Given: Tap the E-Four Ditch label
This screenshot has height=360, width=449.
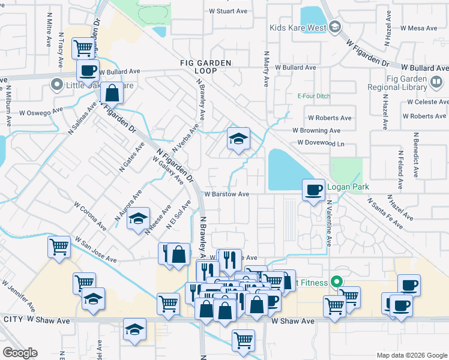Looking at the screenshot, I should [x=314, y=96].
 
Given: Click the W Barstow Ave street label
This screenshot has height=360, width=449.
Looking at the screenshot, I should [x=226, y=194].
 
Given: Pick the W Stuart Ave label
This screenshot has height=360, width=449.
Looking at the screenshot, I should [x=228, y=11].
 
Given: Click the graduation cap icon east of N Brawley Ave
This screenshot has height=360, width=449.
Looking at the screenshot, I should [x=238, y=139].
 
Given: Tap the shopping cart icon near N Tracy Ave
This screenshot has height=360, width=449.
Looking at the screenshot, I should [x=83, y=47].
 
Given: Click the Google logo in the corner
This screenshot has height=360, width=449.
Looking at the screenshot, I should [x=20, y=353].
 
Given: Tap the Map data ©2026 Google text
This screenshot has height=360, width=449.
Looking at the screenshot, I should [x=411, y=355].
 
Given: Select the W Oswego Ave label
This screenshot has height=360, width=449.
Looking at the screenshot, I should [x=40, y=112].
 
